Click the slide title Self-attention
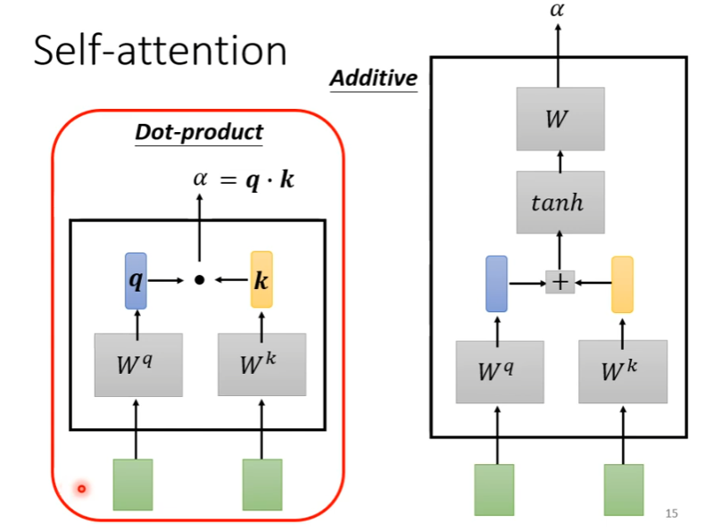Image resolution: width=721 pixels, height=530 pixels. (x=161, y=51)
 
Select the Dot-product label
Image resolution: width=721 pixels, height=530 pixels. (x=199, y=133)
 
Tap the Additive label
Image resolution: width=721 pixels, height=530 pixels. (x=374, y=79)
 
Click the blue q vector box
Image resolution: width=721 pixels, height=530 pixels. (x=136, y=280)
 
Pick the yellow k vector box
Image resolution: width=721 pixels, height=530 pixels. (x=261, y=280)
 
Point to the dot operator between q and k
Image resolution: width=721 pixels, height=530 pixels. (x=199, y=280)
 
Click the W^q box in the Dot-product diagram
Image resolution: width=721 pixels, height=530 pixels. (x=138, y=364)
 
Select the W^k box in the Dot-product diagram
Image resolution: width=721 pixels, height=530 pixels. (x=261, y=364)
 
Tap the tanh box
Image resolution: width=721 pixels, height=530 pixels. (x=559, y=203)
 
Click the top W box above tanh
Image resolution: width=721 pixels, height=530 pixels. (x=559, y=119)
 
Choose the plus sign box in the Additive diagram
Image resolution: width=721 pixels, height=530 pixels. (x=559, y=282)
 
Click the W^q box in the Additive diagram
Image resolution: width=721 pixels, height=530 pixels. (x=499, y=371)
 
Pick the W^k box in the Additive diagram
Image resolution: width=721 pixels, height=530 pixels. (x=623, y=371)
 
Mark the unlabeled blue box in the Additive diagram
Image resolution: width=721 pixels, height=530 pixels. (x=497, y=283)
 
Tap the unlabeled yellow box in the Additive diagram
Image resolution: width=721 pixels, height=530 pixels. (x=622, y=284)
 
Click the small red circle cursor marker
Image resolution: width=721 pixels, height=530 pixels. (x=81, y=488)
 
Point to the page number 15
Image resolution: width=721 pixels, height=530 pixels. (x=672, y=513)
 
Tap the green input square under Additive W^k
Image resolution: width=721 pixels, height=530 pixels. (x=624, y=490)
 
